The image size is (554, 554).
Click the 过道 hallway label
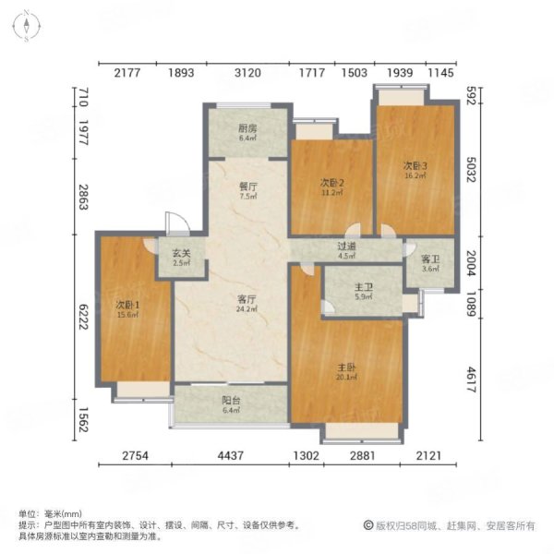(346, 248)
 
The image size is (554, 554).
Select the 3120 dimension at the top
(249, 73)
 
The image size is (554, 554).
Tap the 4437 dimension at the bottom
(231, 454)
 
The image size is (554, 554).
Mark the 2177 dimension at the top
(126, 73)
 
